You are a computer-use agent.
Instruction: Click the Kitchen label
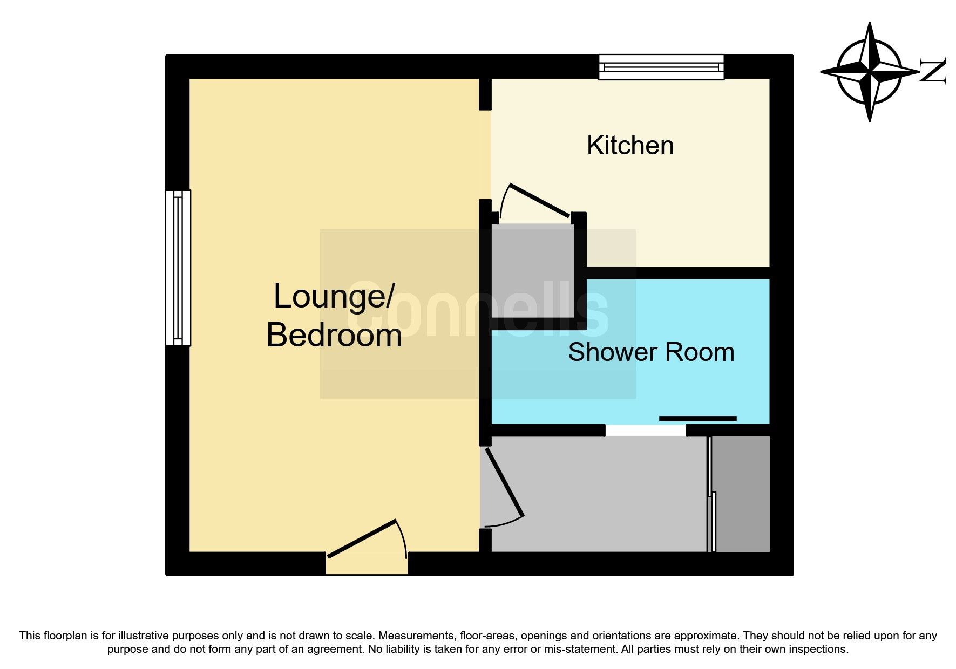[630, 146]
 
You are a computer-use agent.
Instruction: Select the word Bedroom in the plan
[334, 335]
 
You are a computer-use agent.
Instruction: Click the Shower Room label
[651, 352]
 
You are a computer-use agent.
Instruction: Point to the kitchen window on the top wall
[661, 67]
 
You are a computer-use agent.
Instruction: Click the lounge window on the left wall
[178, 268]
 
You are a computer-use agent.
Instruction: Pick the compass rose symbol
[869, 71]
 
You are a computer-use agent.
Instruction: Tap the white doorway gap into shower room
[645, 431]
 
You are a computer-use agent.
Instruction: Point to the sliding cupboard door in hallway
[711, 494]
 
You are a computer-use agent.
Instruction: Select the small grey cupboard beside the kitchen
[532, 271]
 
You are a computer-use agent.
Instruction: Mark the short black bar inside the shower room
[697, 419]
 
